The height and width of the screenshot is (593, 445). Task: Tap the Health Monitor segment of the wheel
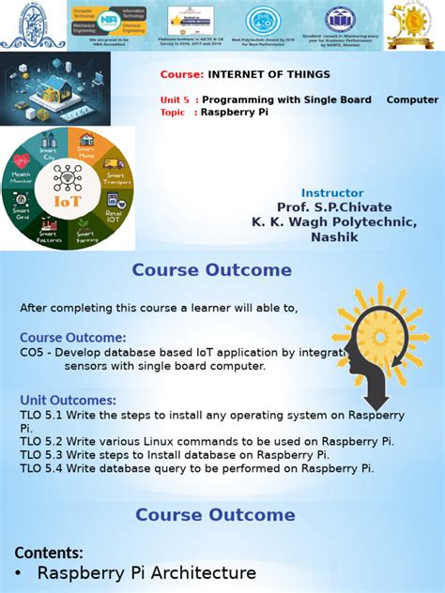pos(21,179)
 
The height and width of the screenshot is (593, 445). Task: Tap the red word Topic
pos(173,112)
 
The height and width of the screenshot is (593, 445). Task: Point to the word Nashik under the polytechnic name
pos(334,236)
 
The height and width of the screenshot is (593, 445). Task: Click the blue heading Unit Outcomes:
pos(68,401)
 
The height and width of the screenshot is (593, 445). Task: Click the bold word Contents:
pos(49,553)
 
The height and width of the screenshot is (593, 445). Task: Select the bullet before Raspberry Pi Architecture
pos(19,573)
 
